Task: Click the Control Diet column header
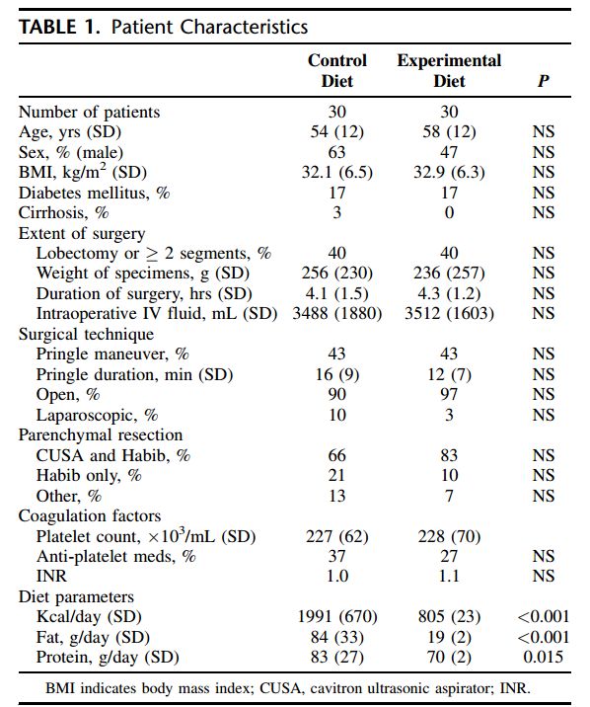click(x=336, y=71)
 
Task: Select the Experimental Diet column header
click(x=449, y=71)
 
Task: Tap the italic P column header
click(x=544, y=81)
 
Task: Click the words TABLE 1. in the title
click(x=59, y=27)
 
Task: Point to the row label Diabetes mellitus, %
click(x=94, y=193)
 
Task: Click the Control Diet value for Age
click(x=336, y=131)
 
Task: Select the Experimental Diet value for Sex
click(x=449, y=152)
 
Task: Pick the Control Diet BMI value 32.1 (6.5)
click(x=336, y=172)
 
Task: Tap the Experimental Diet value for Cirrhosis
click(x=449, y=213)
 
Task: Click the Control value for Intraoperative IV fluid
click(x=336, y=314)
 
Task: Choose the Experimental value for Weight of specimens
click(x=449, y=274)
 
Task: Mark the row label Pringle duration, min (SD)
click(x=134, y=374)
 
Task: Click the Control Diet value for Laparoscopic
click(x=336, y=415)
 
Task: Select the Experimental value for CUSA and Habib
click(x=449, y=455)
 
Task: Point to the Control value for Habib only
click(x=336, y=475)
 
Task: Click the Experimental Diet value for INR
click(x=449, y=577)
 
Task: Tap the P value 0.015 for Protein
click(x=544, y=657)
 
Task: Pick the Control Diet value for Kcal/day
click(x=336, y=617)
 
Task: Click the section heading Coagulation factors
click(x=90, y=515)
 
